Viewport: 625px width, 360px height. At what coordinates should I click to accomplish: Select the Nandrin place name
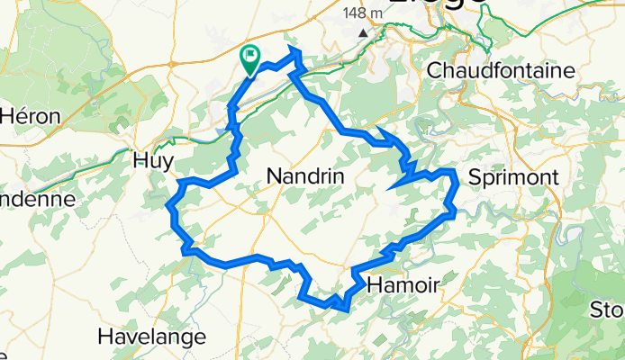pos(308,178)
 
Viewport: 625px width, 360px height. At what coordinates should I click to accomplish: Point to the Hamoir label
pos(403,285)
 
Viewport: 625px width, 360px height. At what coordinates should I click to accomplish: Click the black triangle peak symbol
pos(363,33)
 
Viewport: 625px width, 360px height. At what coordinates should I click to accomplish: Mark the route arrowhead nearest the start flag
pos(293,58)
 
